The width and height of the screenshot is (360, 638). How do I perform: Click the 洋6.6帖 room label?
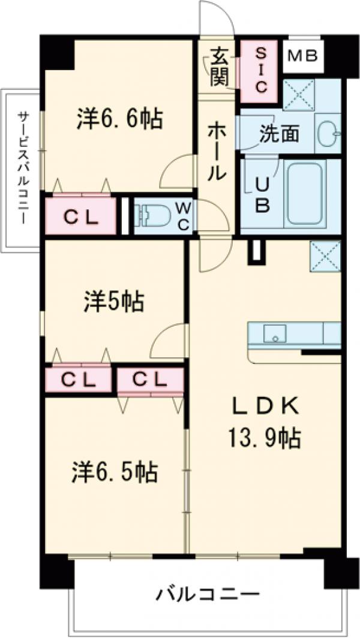pyautogui.click(x=119, y=118)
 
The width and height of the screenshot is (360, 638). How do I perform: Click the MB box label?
pyautogui.click(x=302, y=56)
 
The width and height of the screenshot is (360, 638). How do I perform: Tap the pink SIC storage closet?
pyautogui.click(x=260, y=71)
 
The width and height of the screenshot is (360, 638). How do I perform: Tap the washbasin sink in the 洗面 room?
pyautogui.click(x=326, y=133)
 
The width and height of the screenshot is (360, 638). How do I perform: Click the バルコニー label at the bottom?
pyautogui.click(x=208, y=595)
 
